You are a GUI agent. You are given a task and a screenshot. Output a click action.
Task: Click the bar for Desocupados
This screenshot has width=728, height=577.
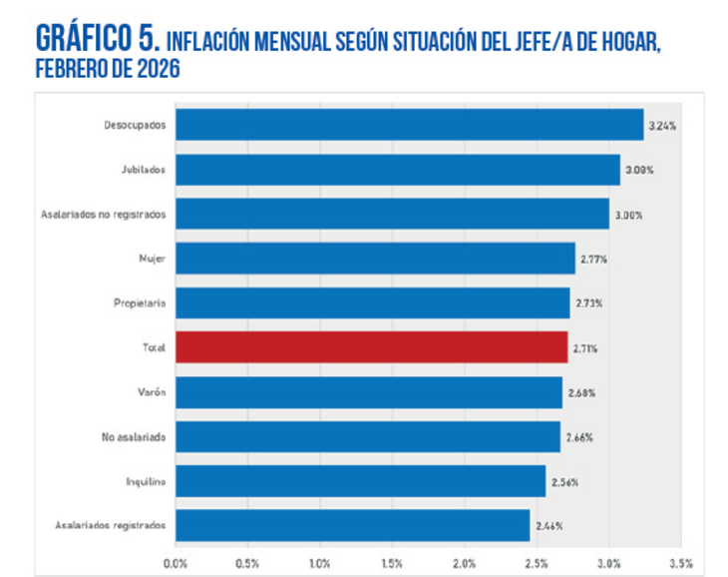point(409,125)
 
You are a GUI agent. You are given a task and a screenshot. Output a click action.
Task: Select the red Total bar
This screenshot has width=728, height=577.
point(371,347)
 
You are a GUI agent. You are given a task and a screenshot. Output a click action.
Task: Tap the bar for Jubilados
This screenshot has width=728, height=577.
point(397,170)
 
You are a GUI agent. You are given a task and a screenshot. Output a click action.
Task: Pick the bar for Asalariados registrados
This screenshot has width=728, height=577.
point(352,525)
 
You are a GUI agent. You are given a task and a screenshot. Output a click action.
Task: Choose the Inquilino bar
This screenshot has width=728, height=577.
point(360,481)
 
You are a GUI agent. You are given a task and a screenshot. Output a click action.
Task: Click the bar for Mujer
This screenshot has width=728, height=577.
point(375,259)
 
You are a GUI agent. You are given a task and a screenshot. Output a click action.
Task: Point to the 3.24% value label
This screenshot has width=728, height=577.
point(663,126)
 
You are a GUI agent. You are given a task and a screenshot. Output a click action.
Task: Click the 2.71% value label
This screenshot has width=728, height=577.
point(586,348)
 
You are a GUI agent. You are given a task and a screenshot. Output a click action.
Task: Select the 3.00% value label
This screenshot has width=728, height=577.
point(628,215)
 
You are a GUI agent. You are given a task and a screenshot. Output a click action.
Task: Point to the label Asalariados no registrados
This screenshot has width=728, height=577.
point(103,215)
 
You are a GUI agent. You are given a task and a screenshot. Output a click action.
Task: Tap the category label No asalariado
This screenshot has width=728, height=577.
point(134,437)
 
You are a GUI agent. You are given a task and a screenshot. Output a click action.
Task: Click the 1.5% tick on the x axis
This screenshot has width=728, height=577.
point(392,563)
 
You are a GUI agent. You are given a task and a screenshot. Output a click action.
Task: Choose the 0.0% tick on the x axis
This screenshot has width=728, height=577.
point(176,563)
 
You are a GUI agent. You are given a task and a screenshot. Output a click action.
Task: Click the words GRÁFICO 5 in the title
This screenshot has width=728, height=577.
point(97,39)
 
